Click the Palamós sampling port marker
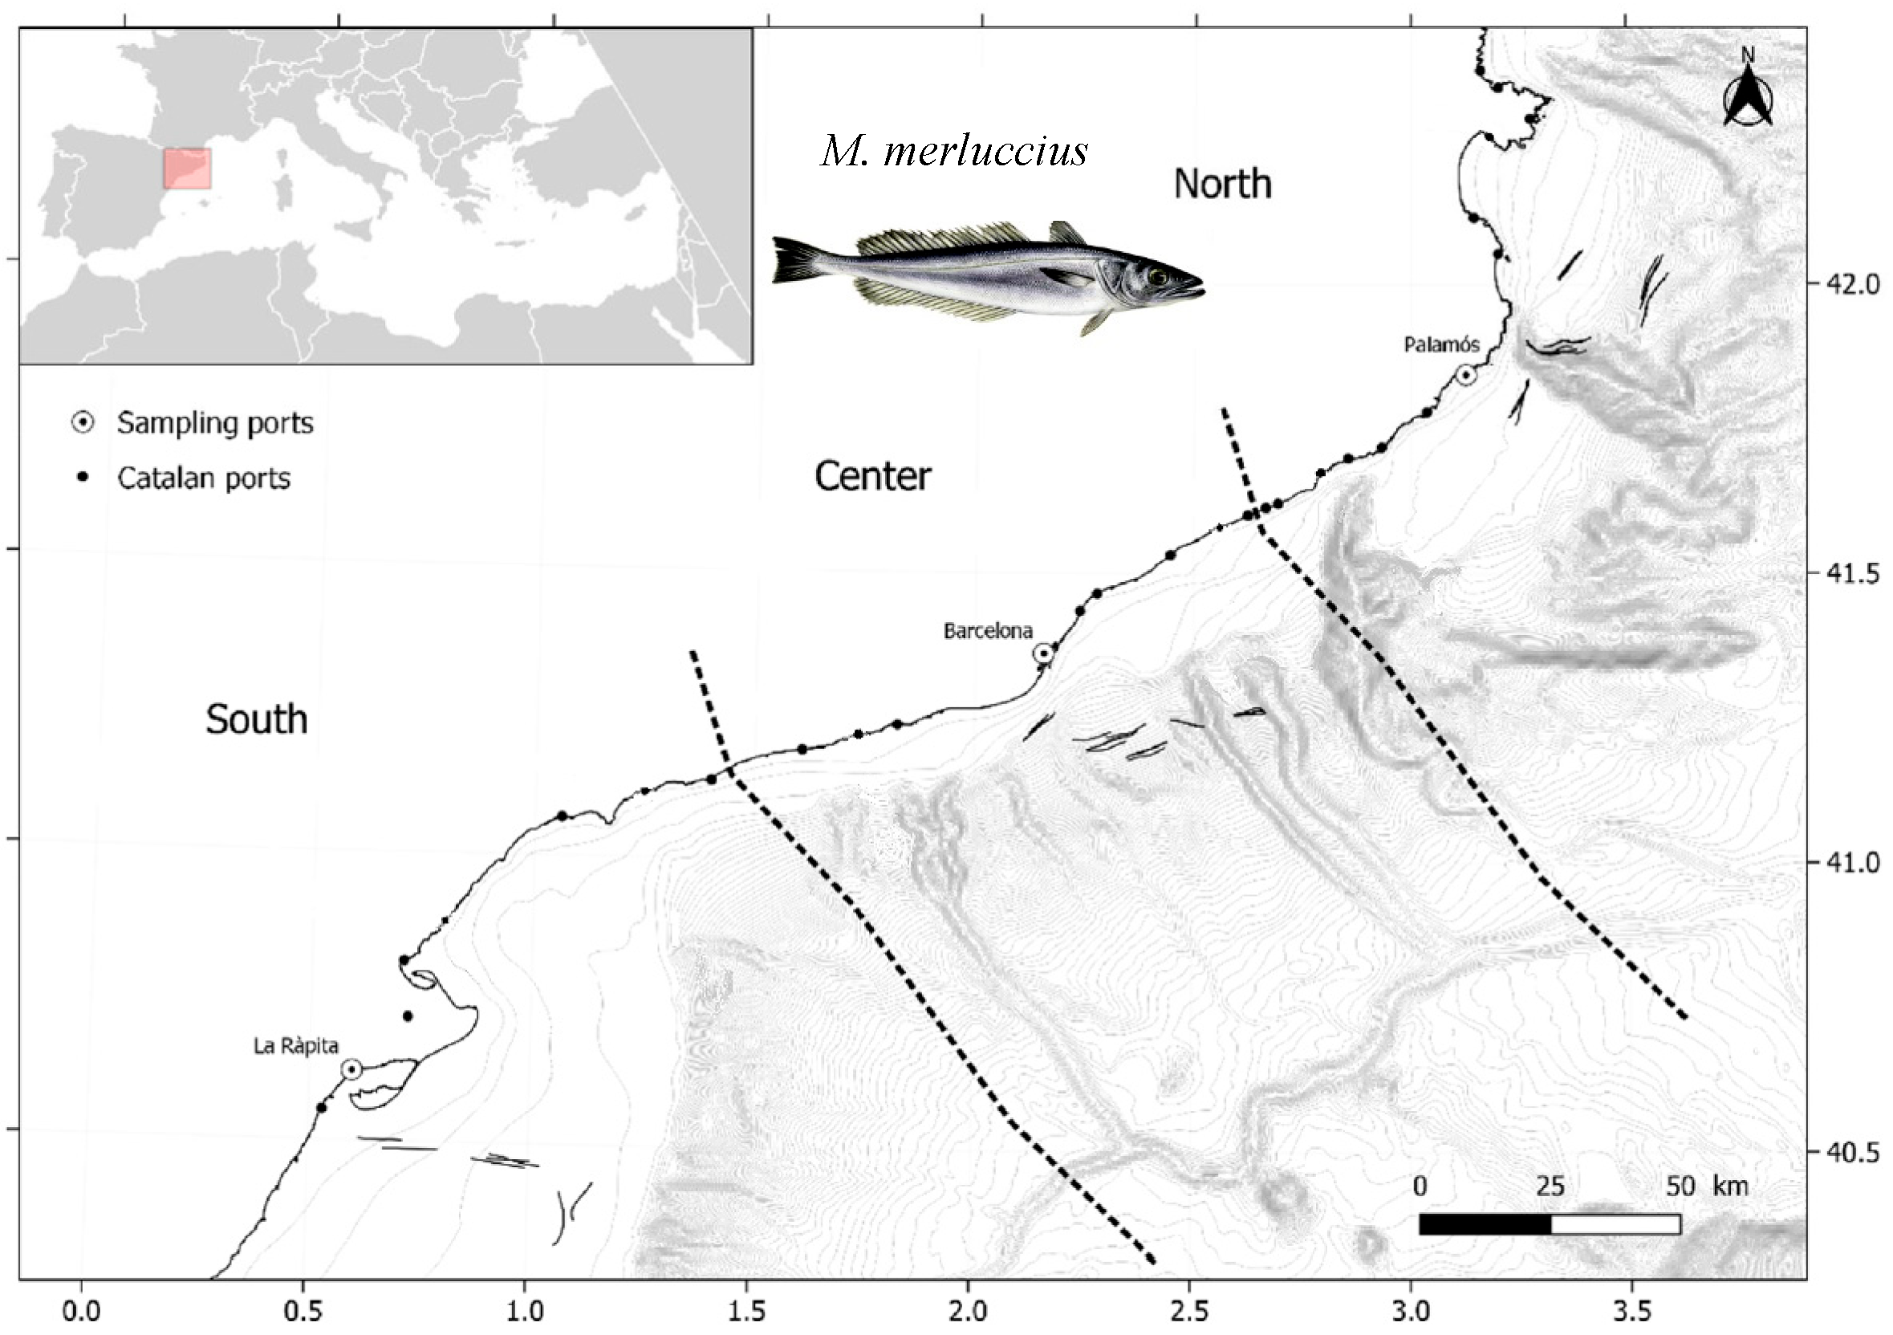pos(1465,375)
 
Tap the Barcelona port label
pos(988,632)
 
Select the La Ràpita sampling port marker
pos(352,1069)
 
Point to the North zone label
pos(1223,184)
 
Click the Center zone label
pos(873,477)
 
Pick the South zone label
pos(257,720)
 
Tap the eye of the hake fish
pos(1159,277)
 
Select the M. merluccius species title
pos(954,152)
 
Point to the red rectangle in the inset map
pos(187,169)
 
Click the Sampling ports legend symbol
pos(83,423)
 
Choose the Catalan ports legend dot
pos(83,478)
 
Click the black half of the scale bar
pos(1484,1224)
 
